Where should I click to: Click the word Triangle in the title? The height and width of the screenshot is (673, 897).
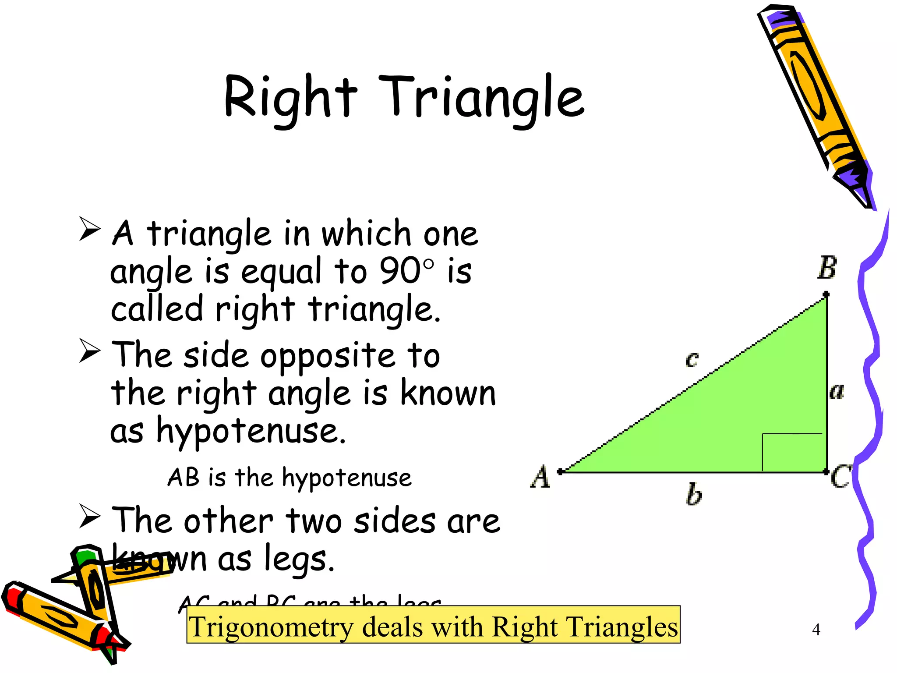pyautogui.click(x=481, y=98)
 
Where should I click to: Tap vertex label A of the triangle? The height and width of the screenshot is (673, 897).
pyautogui.click(x=540, y=476)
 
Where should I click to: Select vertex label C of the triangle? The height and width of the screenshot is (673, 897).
pyautogui.click(x=840, y=476)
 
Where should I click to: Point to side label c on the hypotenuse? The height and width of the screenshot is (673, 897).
pyautogui.click(x=692, y=359)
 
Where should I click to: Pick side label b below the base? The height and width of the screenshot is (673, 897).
pyautogui.click(x=693, y=494)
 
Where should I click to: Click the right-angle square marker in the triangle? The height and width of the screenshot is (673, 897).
pyautogui.click(x=792, y=452)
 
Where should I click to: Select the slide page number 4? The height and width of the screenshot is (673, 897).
pyautogui.click(x=816, y=629)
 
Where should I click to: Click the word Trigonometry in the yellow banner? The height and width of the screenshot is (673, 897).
pyautogui.click(x=271, y=627)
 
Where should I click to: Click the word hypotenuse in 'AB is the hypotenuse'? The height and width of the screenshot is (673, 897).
pyautogui.click(x=346, y=478)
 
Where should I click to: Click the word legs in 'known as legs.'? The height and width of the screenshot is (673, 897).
pyautogui.click(x=299, y=560)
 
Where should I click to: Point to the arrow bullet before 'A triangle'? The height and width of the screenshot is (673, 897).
pyautogui.click(x=90, y=229)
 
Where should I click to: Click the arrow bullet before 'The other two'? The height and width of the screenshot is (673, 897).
pyautogui.click(x=90, y=516)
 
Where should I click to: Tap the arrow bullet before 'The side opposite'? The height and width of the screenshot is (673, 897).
pyautogui.click(x=90, y=351)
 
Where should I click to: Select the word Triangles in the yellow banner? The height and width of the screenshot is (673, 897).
pyautogui.click(x=618, y=627)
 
